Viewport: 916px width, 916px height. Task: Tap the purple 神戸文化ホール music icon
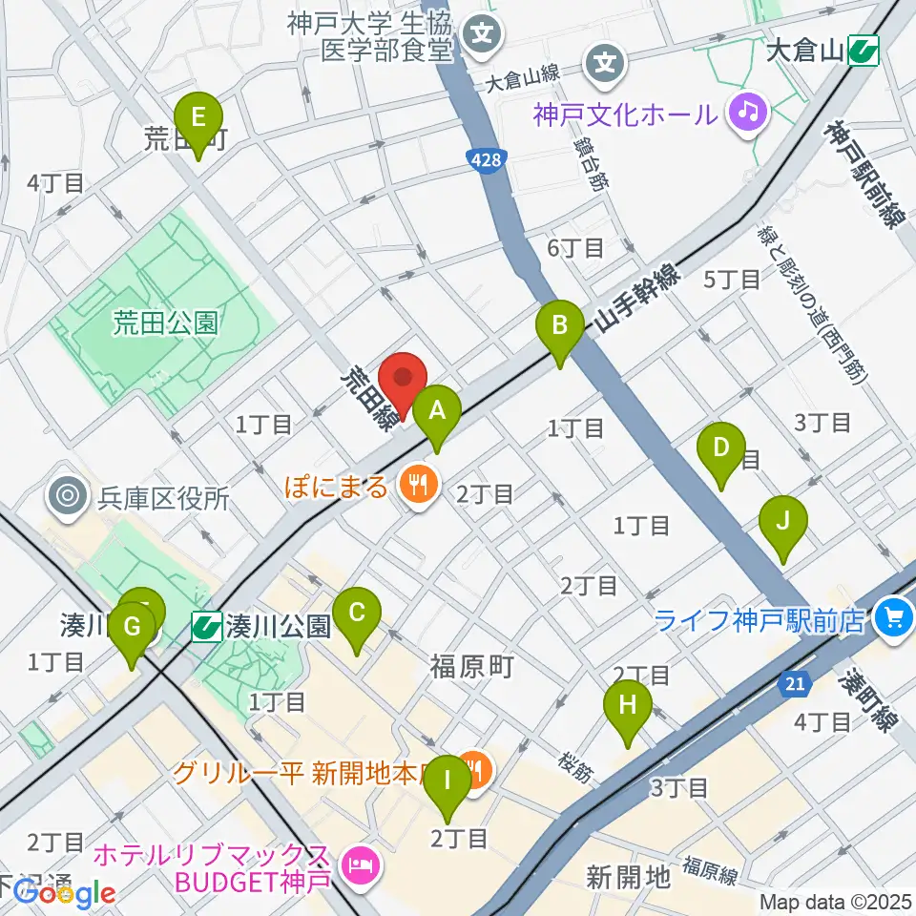tap(748, 114)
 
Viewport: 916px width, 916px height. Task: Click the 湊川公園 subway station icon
tap(205, 627)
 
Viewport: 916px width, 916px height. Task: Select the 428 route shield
tap(485, 161)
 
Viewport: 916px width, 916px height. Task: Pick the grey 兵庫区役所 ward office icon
tap(69, 496)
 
